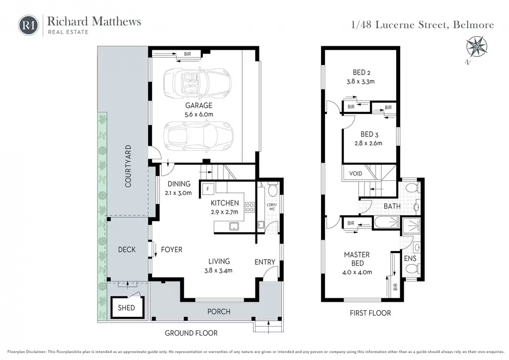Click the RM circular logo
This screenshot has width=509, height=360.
(x=28, y=25)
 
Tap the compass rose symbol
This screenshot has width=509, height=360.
(x=476, y=47)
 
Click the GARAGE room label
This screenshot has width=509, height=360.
(x=199, y=105)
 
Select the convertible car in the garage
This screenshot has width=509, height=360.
(x=197, y=84)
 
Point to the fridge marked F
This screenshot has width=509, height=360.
(x=208, y=189)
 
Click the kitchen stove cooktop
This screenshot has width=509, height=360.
(x=250, y=207)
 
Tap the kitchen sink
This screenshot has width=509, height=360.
(x=234, y=226)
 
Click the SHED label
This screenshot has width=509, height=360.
(x=126, y=308)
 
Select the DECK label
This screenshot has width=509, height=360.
(x=127, y=250)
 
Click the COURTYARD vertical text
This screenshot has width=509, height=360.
(x=128, y=166)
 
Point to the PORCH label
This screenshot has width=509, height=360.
(x=219, y=312)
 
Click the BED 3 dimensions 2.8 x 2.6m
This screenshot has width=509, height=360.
(x=368, y=143)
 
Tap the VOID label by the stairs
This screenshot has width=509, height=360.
(x=355, y=174)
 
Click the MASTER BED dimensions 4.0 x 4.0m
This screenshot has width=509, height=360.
(x=357, y=272)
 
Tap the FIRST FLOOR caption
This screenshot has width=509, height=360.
(x=370, y=313)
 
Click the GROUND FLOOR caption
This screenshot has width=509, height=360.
(x=191, y=333)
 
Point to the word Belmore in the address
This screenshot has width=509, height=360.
(x=473, y=25)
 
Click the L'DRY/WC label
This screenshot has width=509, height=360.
(x=272, y=207)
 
